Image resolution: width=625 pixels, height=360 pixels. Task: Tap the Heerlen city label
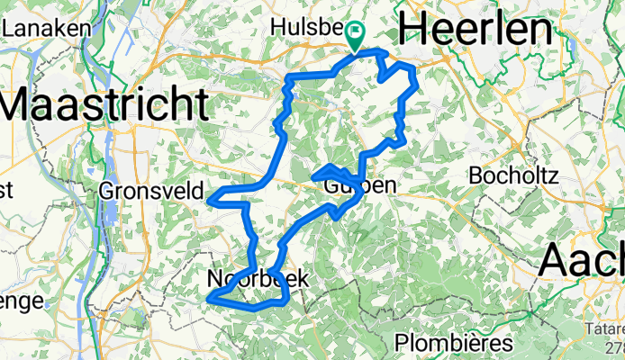[x=474, y=30]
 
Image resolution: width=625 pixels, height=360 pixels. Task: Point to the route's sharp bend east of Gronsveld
[x=210, y=198]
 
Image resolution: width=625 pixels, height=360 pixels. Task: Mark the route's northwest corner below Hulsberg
[x=288, y=80]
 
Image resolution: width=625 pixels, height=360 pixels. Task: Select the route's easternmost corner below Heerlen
[x=417, y=83]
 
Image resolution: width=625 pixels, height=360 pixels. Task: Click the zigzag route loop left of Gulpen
[x=329, y=173]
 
